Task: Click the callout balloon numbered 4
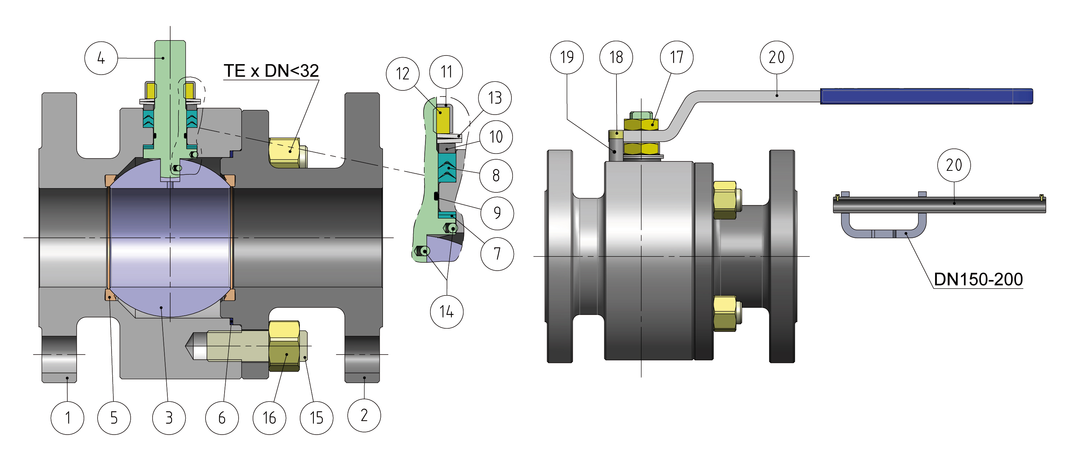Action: click(x=101, y=58)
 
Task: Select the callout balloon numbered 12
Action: click(x=402, y=74)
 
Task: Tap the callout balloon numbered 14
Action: click(x=447, y=312)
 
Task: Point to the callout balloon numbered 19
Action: click(x=566, y=57)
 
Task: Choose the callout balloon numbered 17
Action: click(x=677, y=57)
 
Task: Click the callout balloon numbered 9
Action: click(x=497, y=213)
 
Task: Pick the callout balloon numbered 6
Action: click(x=222, y=418)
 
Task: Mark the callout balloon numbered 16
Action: click(x=269, y=418)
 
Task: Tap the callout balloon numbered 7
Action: click(x=497, y=254)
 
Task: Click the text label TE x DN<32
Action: click(x=271, y=71)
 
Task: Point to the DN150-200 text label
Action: click(x=978, y=279)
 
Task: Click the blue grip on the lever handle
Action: click(x=926, y=96)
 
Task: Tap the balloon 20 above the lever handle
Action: click(x=776, y=57)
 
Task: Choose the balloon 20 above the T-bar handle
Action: click(x=954, y=165)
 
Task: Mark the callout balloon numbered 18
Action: click(x=616, y=57)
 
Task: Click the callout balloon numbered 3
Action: click(x=169, y=418)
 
